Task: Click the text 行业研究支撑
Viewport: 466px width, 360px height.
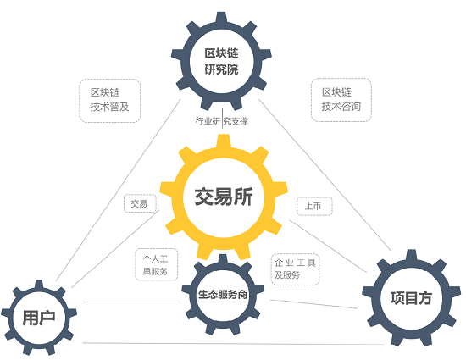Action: (x=222, y=121)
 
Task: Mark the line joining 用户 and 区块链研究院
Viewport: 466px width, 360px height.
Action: (x=119, y=190)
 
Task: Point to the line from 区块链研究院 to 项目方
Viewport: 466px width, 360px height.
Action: (x=325, y=174)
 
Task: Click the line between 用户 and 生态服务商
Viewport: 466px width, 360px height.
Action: (x=131, y=302)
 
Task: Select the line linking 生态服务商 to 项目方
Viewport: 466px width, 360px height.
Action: (x=313, y=304)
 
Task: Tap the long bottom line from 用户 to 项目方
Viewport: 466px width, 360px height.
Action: (x=233, y=344)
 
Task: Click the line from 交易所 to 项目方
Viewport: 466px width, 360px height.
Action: (x=328, y=246)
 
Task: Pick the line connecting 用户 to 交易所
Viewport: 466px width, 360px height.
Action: (x=115, y=249)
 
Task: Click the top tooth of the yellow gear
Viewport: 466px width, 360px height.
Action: (x=224, y=141)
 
